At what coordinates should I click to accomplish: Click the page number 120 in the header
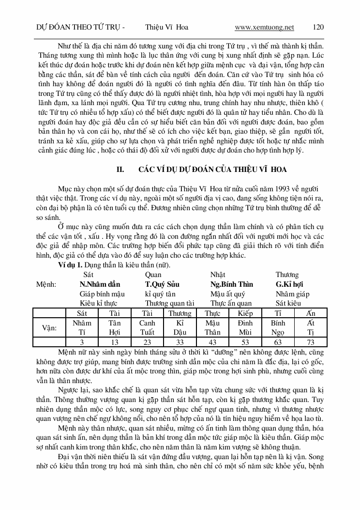(317, 28)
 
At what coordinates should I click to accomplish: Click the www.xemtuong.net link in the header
(264, 28)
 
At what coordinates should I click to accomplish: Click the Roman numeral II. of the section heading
(121, 169)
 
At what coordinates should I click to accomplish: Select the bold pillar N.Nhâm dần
(100, 284)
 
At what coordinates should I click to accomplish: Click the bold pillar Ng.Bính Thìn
(231, 284)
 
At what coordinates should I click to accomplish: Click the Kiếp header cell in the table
(245, 313)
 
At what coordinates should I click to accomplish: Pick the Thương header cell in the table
(180, 313)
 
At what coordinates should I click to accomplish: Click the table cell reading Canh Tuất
(147, 328)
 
